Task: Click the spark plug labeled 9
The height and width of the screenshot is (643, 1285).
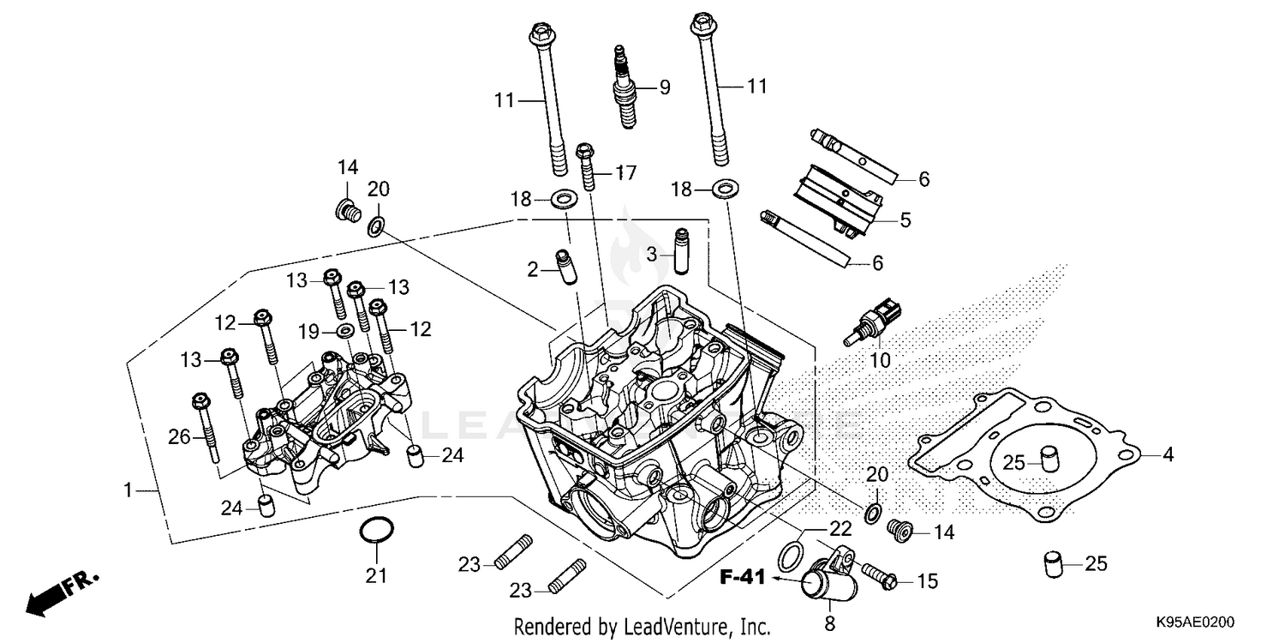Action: (x=624, y=90)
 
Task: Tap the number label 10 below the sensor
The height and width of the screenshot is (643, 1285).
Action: (x=880, y=361)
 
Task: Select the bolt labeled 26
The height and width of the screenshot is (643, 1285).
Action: (x=206, y=428)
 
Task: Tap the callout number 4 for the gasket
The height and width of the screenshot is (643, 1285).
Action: (x=1167, y=455)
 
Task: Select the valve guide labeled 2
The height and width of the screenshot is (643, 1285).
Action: (x=566, y=268)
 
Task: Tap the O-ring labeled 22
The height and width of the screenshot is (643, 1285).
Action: (x=792, y=555)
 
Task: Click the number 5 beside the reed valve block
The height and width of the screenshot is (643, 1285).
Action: (x=905, y=220)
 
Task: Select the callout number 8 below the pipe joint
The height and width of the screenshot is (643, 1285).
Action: (x=829, y=623)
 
